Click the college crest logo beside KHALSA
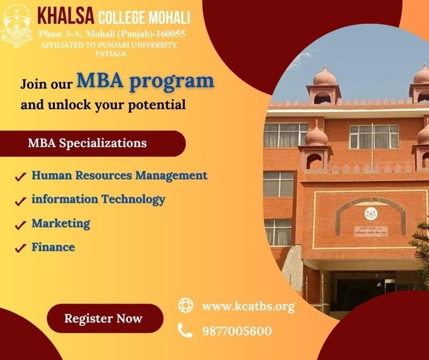click(17, 26)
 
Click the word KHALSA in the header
click(65, 16)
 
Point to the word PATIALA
click(111, 54)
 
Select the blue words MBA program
click(145, 81)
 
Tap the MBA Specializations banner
click(93, 143)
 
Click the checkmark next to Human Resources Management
click(20, 177)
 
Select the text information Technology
click(98, 200)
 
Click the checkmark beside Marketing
click(20, 225)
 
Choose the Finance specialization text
click(53, 247)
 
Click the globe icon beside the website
click(186, 305)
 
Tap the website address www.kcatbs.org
click(248, 306)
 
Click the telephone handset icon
click(185, 330)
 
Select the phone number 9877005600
click(237, 331)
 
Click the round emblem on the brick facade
click(371, 214)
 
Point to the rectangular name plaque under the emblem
click(371, 231)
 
